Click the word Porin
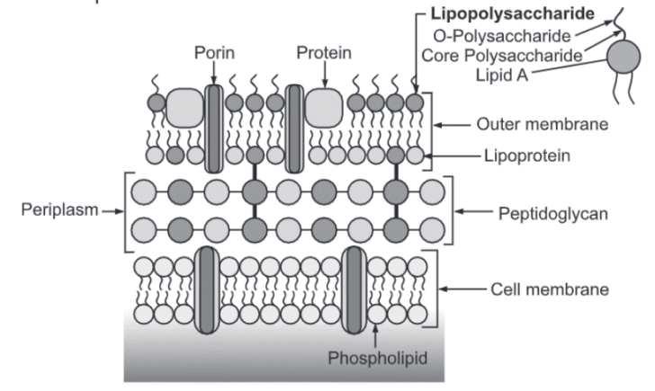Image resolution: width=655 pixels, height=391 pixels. [x=214, y=52]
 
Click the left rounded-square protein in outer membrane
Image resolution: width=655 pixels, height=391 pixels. [x=184, y=107]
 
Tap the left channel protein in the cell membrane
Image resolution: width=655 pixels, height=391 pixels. [x=208, y=289]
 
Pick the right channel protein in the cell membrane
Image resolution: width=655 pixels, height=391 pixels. [x=355, y=289]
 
